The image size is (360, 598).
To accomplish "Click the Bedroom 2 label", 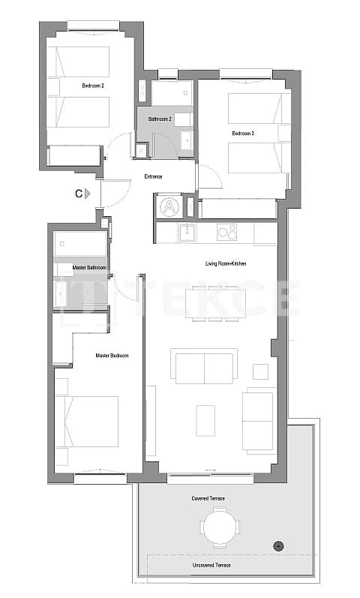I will [92, 86].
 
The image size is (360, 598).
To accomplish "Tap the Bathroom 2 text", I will [160, 119].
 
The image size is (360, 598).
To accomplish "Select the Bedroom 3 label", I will [242, 134].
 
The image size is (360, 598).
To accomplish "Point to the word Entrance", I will [154, 177].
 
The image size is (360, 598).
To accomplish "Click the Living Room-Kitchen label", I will [226, 263].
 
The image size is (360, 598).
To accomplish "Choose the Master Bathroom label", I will [89, 267].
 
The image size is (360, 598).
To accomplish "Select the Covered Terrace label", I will [208, 498].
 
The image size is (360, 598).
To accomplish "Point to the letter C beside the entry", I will [78, 194].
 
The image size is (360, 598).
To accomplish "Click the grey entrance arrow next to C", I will [88, 194].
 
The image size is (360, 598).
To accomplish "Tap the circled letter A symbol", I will [169, 206].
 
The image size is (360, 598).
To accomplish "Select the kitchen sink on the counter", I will [186, 233].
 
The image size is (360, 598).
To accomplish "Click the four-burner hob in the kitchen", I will [226, 233].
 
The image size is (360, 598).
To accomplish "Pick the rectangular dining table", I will [215, 302].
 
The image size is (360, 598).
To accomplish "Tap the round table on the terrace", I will [219, 527].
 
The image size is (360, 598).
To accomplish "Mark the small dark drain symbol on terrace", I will [279, 545].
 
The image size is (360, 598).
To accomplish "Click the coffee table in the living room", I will [205, 420].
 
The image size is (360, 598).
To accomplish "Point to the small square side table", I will [260, 371].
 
